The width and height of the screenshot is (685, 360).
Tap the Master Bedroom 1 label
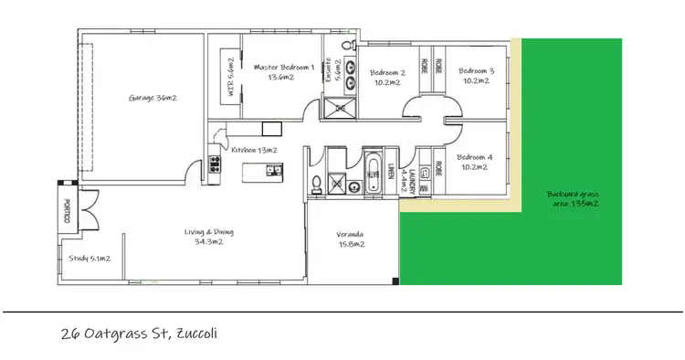click(284, 72)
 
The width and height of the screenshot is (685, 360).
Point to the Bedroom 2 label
click(387, 77)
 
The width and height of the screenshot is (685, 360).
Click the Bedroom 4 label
click(476, 162)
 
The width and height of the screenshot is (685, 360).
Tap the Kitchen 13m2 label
click(254, 149)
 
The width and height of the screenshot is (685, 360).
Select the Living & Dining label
click(204, 237)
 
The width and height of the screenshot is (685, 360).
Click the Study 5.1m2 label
click(90, 259)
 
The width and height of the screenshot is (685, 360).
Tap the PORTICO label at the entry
click(66, 210)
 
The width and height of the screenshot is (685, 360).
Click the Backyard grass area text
click(573, 198)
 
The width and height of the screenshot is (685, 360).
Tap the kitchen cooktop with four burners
click(216, 164)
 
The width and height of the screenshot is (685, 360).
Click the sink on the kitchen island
click(271, 168)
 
